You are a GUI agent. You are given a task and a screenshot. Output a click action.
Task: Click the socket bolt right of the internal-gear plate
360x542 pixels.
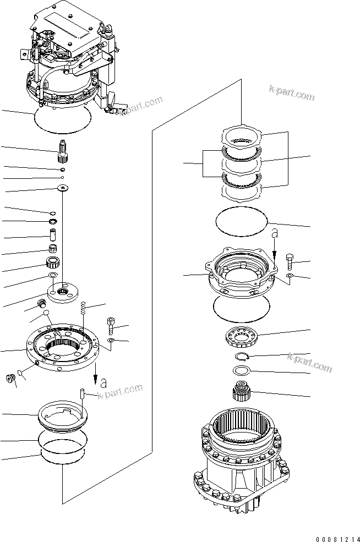coord(112,326)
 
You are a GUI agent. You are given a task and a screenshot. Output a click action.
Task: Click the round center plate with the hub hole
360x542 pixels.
coord(63,292)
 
